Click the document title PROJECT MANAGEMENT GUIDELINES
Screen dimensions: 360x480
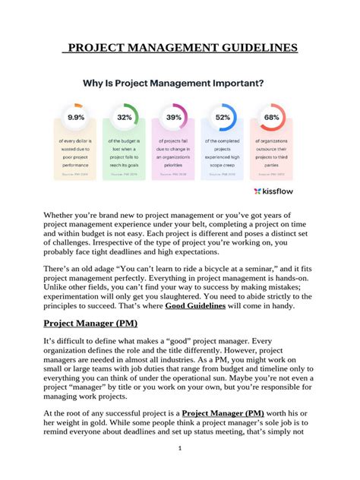point(179,49)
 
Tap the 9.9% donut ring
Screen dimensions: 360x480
point(76,118)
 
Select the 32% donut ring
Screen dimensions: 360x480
point(125,118)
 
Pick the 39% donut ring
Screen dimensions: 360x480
point(174,118)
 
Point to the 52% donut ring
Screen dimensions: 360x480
point(223,118)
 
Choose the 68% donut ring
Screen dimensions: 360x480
point(271,118)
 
